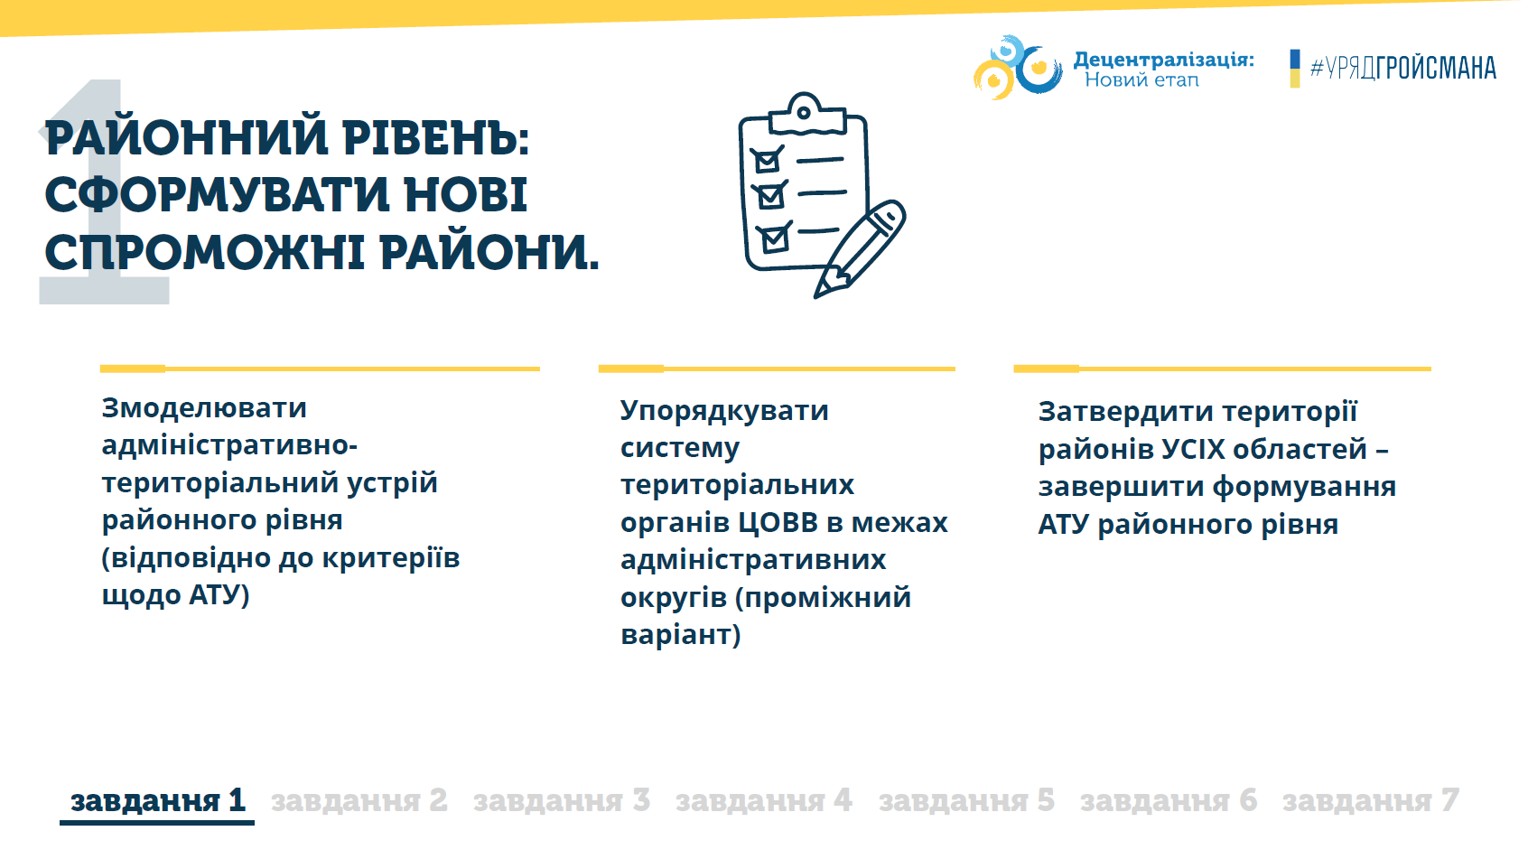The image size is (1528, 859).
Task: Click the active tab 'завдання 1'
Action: tap(157, 800)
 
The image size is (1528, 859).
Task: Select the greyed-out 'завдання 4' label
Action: tap(763, 800)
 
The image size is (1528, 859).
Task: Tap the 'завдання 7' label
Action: tap(1370, 800)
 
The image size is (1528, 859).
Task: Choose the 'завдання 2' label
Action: tap(359, 800)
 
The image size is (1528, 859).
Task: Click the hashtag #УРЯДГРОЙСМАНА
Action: tap(1403, 68)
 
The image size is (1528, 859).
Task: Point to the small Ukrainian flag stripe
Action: tap(1295, 69)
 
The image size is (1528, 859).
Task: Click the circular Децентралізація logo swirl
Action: tap(1017, 67)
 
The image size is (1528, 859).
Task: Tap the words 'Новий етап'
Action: tap(1141, 79)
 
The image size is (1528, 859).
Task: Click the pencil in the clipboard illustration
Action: tap(861, 248)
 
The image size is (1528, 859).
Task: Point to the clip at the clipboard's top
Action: tap(806, 115)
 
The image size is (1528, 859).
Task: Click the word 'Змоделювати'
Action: tap(204, 408)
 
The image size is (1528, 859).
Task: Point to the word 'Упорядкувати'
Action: tap(724, 411)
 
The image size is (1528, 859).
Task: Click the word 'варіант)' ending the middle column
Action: tap(680, 634)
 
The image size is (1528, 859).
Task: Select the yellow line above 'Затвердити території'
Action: tap(1222, 369)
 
